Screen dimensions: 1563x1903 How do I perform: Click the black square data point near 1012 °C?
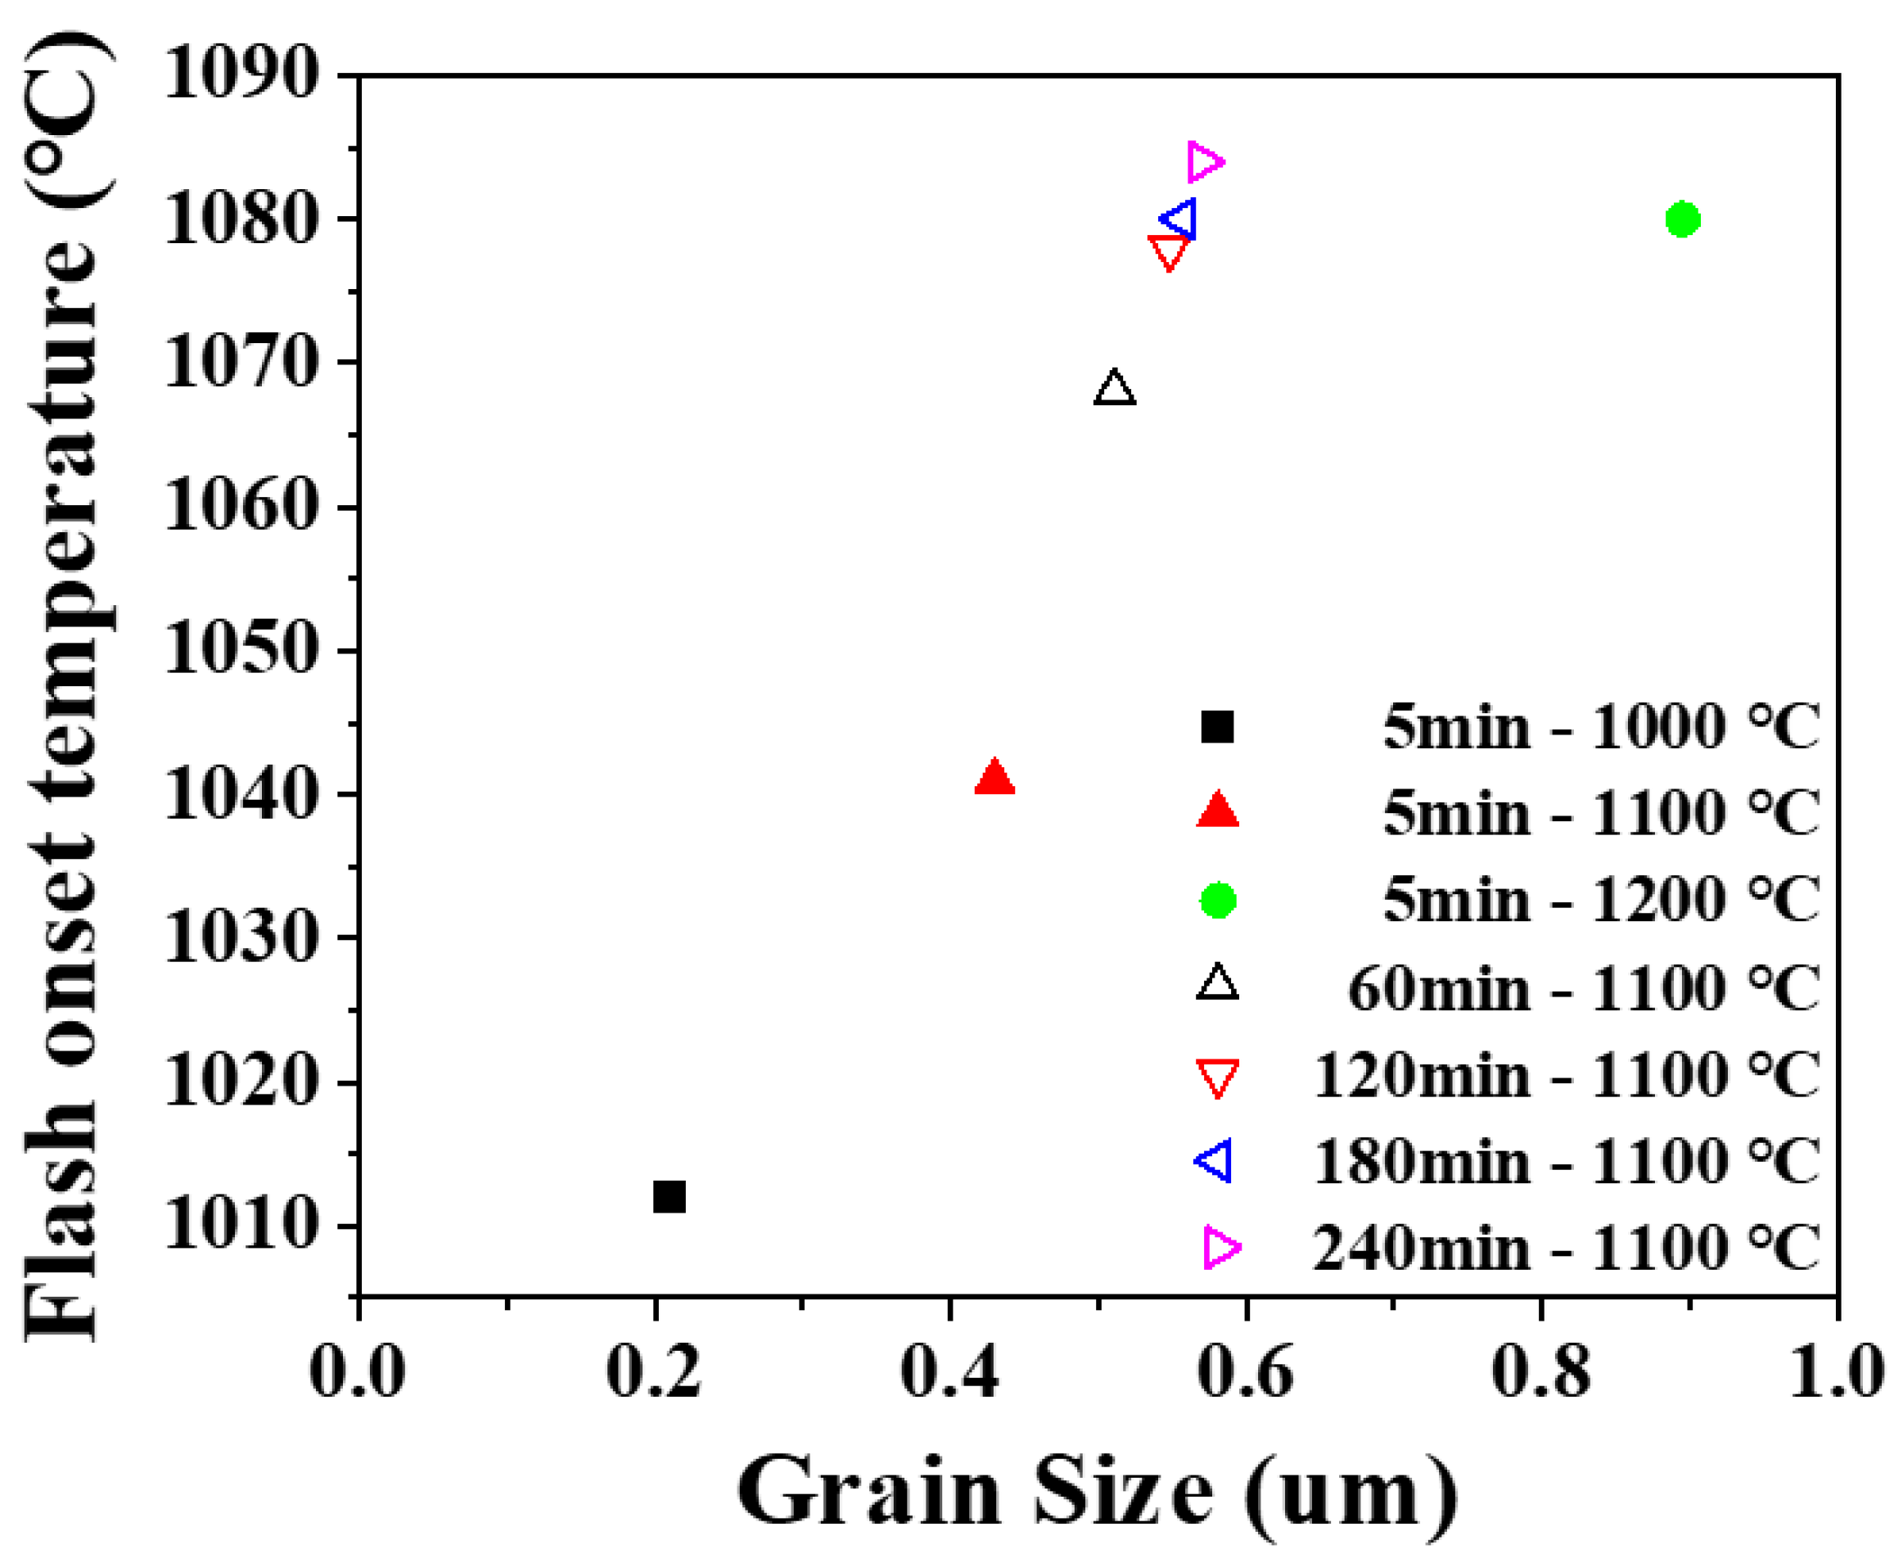(669, 1196)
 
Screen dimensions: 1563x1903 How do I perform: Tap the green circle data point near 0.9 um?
(1681, 219)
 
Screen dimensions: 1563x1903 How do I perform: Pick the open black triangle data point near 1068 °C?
(1115, 389)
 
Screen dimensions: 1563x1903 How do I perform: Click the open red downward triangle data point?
(1169, 251)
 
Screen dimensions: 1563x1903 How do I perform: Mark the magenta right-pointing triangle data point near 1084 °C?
(1205, 162)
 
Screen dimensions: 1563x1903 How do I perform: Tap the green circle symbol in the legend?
(1218, 900)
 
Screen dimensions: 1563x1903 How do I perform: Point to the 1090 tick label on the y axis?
(241, 74)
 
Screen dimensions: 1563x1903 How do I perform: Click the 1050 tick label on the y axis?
(241, 650)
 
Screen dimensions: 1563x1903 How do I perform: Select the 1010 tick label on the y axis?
(241, 1226)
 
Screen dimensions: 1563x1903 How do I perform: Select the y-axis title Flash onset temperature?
(63, 684)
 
